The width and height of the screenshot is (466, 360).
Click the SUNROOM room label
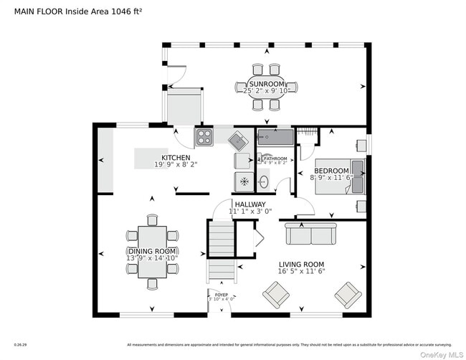266,84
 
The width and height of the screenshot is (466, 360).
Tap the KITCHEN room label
176,158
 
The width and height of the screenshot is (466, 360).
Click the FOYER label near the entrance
222,295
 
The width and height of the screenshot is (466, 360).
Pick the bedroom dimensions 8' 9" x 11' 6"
332,177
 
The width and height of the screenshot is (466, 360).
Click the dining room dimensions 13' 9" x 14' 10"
152,258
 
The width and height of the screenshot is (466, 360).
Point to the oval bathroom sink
264,182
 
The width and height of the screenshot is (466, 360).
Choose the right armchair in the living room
348,293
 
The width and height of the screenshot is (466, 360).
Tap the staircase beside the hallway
221,251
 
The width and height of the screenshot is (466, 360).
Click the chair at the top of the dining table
152,219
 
